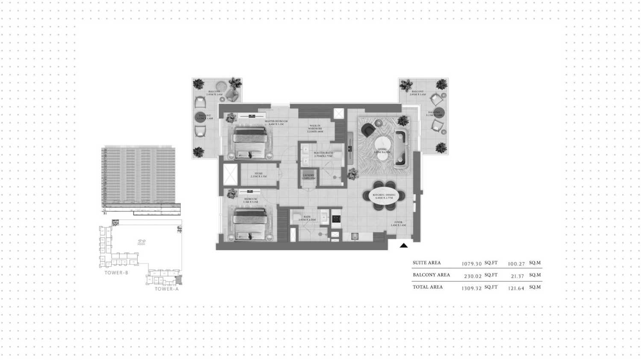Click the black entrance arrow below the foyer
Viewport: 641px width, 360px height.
pyautogui.click(x=403, y=245)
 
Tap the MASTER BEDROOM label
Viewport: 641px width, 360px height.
pyautogui.click(x=276, y=121)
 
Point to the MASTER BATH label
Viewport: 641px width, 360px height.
pyautogui.click(x=323, y=153)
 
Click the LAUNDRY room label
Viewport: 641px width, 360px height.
pyautogui.click(x=308, y=175)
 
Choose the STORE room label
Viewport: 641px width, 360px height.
pyautogui.click(x=258, y=174)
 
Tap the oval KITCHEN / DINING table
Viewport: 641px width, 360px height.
pyautogui.click(x=384, y=196)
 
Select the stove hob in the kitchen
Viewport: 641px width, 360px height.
pyautogui.click(x=336, y=218)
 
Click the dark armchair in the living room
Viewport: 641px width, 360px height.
pyautogui.click(x=368, y=130)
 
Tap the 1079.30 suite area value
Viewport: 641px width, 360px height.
pyautogui.click(x=471, y=264)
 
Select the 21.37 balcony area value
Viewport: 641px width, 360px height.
pyautogui.click(x=517, y=276)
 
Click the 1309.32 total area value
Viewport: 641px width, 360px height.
pyautogui.click(x=471, y=288)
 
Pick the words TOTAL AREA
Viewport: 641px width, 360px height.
pyautogui.click(x=428, y=287)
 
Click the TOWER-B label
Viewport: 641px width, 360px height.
pyautogui.click(x=116, y=273)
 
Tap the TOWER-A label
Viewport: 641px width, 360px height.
pyautogui.click(x=167, y=289)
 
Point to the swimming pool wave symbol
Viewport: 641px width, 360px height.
pyautogui.click(x=141, y=242)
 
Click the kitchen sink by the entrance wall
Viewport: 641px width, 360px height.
pyautogui.click(x=355, y=236)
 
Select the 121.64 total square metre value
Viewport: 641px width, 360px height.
pyautogui.click(x=516, y=288)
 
